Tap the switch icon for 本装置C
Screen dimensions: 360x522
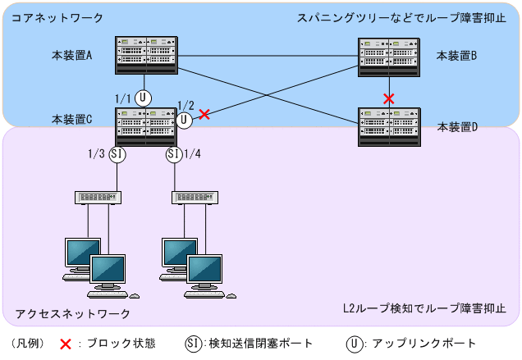pos(146,126)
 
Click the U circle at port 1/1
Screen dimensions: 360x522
pos(144,98)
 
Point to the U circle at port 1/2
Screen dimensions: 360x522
pos(185,120)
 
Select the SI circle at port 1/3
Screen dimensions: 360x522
pos(117,153)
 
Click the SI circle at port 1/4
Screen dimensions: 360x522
pos(174,153)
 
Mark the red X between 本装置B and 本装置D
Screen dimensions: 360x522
pos(389,98)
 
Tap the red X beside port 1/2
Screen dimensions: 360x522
pos(204,115)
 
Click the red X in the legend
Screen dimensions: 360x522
pos(65,344)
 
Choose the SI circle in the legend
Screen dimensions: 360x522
pos(193,344)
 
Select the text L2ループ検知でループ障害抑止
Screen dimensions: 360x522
pos(424,309)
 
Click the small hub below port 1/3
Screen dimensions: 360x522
pos(98,197)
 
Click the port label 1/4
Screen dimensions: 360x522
pos(193,153)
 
